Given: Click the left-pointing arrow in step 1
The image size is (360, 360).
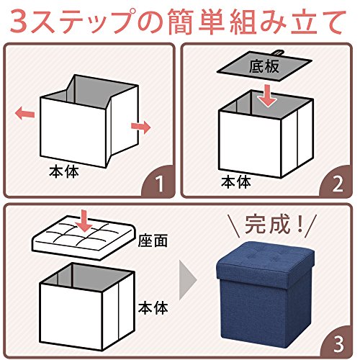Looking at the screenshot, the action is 24,113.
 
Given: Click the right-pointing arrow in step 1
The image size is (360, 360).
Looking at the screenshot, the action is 141,127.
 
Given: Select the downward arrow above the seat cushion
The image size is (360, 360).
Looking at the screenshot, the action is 84,221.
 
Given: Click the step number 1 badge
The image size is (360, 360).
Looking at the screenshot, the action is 160,184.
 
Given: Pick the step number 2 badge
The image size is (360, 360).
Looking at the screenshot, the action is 336,184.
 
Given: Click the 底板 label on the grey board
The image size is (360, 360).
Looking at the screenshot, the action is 264,66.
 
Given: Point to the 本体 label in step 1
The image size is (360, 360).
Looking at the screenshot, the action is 64,172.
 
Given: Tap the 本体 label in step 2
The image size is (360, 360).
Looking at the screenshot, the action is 236,182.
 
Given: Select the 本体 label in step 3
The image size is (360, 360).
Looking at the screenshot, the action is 153,308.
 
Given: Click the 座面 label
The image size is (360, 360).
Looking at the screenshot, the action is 153,240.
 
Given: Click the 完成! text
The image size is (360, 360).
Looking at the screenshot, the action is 274,225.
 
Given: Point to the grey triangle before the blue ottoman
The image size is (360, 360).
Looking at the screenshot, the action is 188,280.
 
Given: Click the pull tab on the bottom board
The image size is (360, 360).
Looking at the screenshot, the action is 279,53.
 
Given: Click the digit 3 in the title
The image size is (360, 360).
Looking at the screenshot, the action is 19,21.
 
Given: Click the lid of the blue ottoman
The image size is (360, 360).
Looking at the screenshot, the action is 266,264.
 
